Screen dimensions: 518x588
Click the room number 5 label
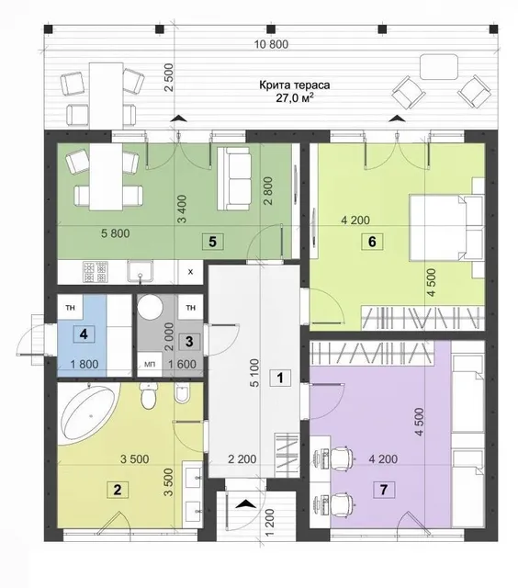click(212, 242)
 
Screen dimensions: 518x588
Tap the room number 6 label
click(372, 242)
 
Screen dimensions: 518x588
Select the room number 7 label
click(383, 490)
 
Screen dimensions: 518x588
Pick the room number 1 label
click(280, 378)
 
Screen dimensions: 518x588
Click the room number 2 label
click(118, 490)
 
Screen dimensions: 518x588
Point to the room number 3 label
click(189, 342)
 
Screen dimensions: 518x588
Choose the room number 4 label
click(84, 334)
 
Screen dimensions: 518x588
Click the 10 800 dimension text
click(271, 44)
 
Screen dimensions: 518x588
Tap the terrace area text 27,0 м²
click(295, 98)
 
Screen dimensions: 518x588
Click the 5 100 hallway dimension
click(254, 373)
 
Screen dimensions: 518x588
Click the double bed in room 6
click(446, 227)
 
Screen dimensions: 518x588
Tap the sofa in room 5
click(234, 178)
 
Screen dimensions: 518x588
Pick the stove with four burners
click(96, 272)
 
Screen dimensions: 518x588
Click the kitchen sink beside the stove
click(140, 271)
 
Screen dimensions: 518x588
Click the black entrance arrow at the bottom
click(245, 503)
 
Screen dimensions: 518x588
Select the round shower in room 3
click(150, 306)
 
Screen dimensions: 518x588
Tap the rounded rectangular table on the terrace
click(439, 67)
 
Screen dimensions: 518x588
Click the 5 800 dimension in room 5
click(116, 233)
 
